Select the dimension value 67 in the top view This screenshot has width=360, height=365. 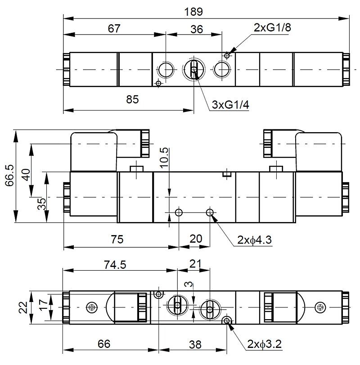(114, 28)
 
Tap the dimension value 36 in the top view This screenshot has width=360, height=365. (197, 29)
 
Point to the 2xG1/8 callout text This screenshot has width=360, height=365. (272, 27)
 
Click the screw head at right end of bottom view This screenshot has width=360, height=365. (320, 307)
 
